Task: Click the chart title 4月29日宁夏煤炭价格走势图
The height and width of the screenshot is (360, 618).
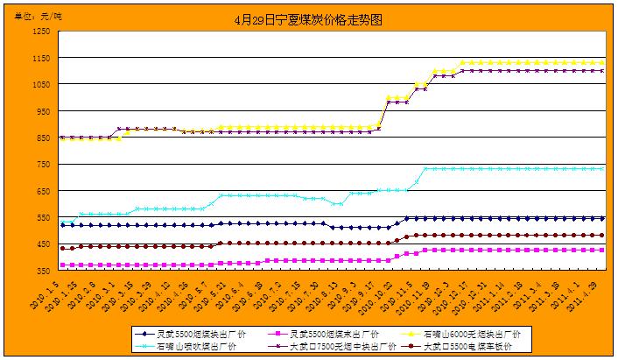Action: pos(310,18)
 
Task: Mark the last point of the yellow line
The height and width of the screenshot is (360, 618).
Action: pos(603,63)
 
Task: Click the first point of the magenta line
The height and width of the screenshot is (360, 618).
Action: pos(61,265)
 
